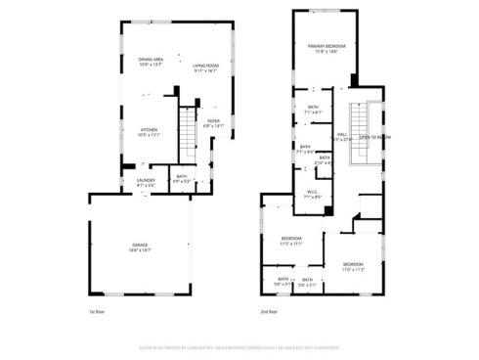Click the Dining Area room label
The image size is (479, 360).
(150, 60)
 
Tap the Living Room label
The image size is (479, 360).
(204, 66)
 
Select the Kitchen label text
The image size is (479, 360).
(149, 129)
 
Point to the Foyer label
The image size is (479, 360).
(213, 121)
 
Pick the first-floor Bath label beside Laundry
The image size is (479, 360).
(182, 177)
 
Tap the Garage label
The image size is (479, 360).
(139, 244)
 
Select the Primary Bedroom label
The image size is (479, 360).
(327, 46)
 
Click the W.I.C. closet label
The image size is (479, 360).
(312, 192)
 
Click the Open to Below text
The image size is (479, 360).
(374, 138)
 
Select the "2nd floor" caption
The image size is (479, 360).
(270, 312)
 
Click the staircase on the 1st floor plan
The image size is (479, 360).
(189, 132)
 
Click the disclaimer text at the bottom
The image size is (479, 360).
(239, 346)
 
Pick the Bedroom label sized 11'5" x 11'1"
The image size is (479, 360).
(291, 239)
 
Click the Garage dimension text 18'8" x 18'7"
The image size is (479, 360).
(139, 249)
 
